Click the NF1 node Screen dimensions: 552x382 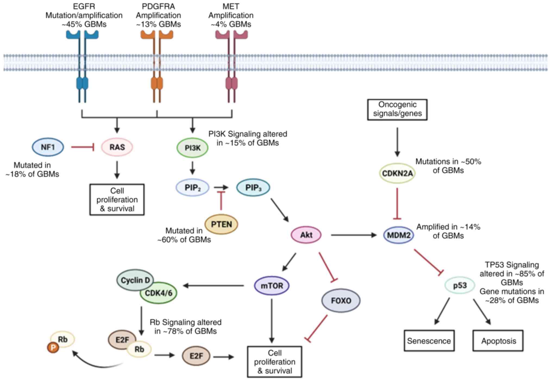[x=48, y=147]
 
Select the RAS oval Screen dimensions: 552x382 [x=117, y=147]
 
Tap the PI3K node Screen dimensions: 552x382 [x=193, y=148]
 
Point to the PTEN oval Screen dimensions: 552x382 [x=221, y=224]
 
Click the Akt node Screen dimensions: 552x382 [x=306, y=235]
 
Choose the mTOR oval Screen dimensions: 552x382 [x=272, y=286]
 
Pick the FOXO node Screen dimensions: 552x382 [x=341, y=301]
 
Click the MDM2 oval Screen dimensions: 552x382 [x=399, y=235]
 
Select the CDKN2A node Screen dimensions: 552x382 [x=397, y=173]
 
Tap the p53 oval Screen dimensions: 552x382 [x=460, y=285]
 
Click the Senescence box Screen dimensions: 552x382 [x=429, y=341]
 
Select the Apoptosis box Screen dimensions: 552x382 [x=498, y=341]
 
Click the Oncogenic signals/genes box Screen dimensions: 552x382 [x=397, y=110]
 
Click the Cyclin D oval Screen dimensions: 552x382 [x=135, y=280]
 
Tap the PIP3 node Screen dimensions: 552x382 [x=253, y=188]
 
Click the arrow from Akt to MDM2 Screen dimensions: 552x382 [x=354, y=235]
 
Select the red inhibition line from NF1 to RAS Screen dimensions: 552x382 [x=83, y=147]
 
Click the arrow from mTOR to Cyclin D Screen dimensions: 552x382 [x=213, y=285]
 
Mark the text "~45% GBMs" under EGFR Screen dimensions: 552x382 [x=84, y=24]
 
